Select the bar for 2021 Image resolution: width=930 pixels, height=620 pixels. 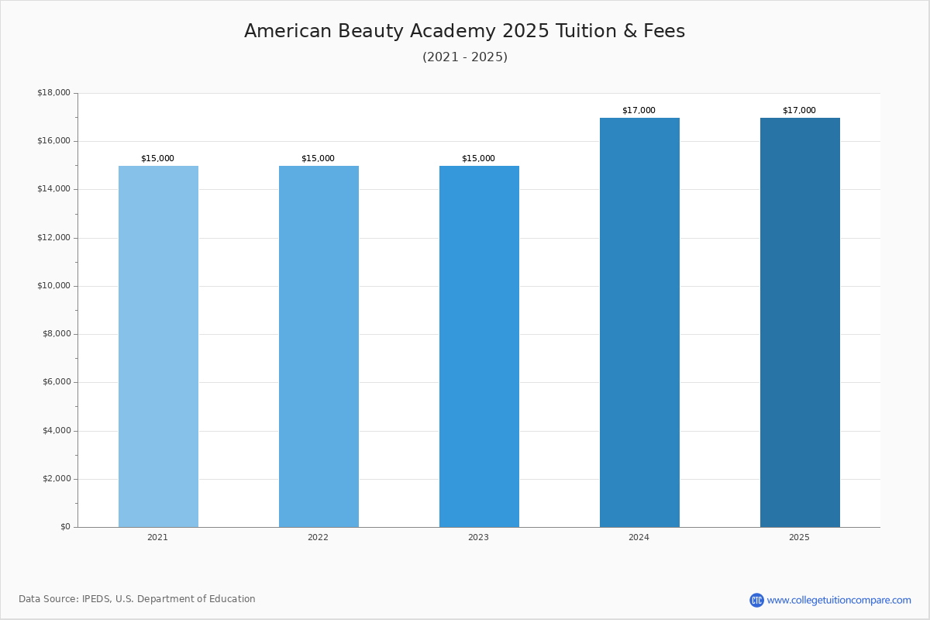tap(158, 346)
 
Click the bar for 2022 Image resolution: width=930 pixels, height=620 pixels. tap(319, 346)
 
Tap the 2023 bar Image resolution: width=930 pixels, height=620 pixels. tap(479, 346)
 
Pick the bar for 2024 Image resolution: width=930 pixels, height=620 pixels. tap(639, 322)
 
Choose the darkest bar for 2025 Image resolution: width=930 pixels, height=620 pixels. tap(800, 322)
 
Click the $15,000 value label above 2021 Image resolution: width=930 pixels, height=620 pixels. tap(157, 159)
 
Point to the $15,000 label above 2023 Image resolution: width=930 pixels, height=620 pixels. tap(478, 159)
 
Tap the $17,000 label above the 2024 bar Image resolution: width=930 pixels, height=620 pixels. tap(639, 111)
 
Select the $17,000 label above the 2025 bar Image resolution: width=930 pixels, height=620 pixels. tap(799, 111)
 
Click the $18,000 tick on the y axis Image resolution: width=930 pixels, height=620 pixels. tap(53, 93)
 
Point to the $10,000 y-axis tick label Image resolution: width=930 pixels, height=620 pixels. tap(53, 286)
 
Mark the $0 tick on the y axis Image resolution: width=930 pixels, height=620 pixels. tap(65, 527)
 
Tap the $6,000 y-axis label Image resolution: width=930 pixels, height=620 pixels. tap(56, 382)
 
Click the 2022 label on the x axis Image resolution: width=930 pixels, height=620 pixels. tap(318, 538)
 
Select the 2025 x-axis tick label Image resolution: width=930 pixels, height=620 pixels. tap(799, 538)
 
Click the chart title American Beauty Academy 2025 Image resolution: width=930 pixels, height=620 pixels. tap(464, 32)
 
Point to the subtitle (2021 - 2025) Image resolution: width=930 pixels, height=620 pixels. tap(465, 57)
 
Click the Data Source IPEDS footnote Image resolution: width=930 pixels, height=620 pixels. tap(137, 599)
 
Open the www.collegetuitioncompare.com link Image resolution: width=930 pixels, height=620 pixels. tap(839, 600)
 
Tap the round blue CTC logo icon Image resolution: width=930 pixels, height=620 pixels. tap(756, 600)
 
